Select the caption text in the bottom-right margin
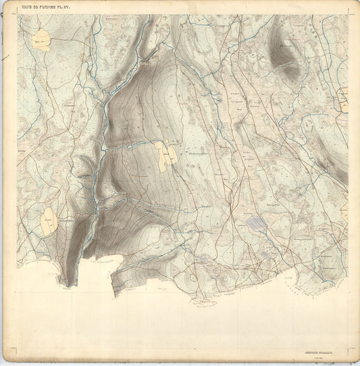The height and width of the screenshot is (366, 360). pos(321,346)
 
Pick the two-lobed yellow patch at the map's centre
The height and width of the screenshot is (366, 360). pos(166,156)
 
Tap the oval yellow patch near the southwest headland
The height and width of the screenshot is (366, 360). pos(48,221)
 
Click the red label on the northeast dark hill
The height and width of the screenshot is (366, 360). pos(284,48)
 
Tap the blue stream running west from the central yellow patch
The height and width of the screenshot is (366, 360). pos(128,145)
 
